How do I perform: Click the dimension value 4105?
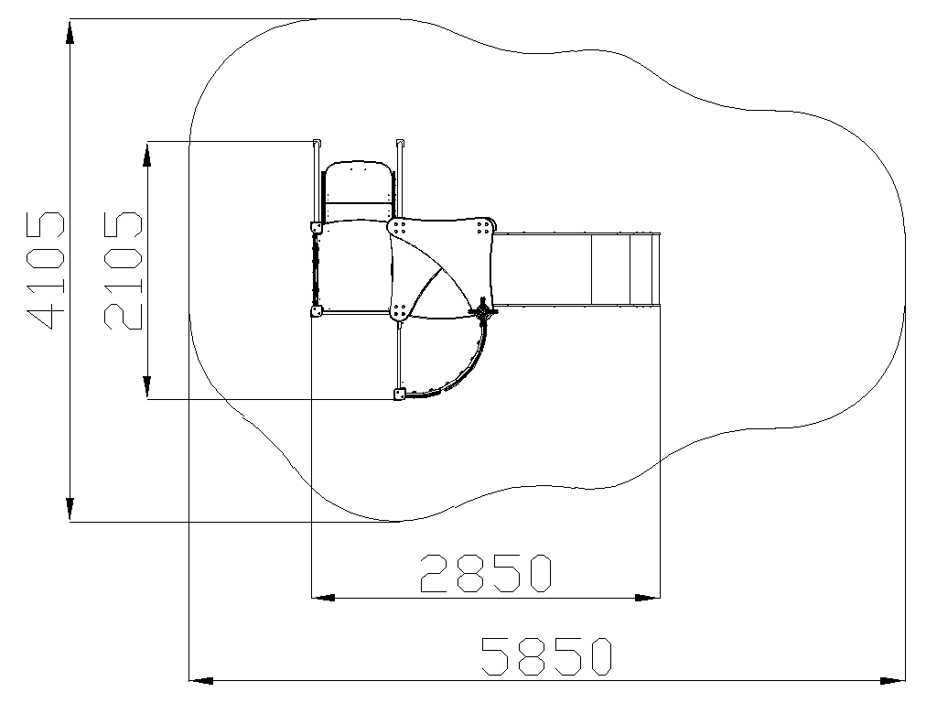46,270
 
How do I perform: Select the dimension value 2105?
124,270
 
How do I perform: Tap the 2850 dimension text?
486,573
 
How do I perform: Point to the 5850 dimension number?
547,657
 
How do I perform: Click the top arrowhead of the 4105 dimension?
70,32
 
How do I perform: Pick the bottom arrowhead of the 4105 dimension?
70,509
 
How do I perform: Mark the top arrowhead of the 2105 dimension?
147,154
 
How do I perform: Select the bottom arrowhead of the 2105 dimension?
147,387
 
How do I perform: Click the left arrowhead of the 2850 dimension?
323,597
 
